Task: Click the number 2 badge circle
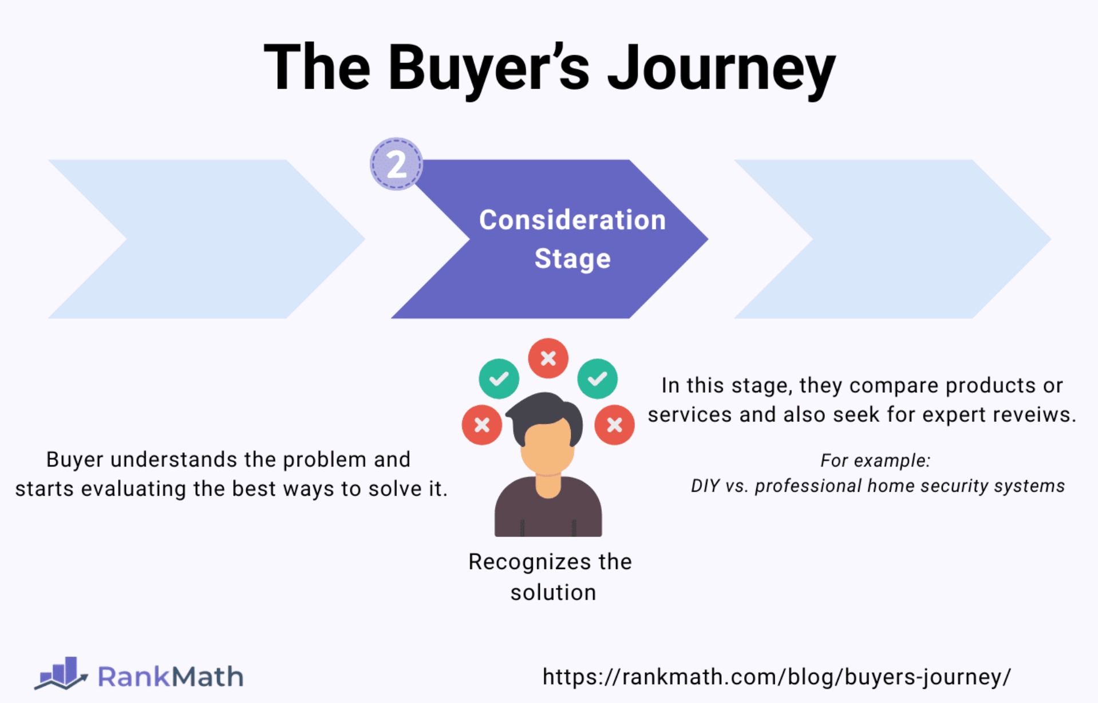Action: click(396, 164)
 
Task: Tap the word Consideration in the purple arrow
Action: click(572, 220)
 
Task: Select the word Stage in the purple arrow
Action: click(572, 259)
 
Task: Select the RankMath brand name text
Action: click(171, 677)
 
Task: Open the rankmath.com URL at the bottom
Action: click(776, 677)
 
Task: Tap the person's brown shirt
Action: click(548, 512)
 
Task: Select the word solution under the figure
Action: click(553, 593)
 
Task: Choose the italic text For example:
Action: click(875, 460)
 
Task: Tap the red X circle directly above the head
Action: click(548, 358)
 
